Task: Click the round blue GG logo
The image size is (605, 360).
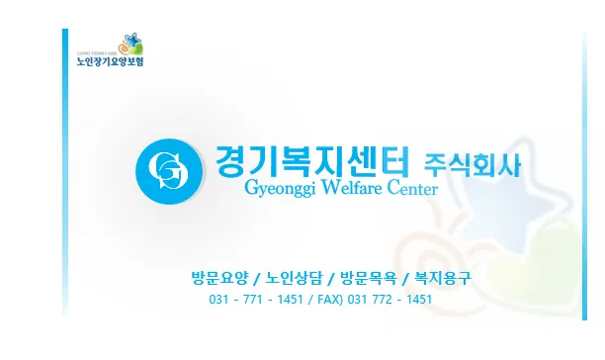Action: (169, 171)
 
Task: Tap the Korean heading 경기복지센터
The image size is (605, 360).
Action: (311, 161)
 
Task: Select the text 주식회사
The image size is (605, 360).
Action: (472, 165)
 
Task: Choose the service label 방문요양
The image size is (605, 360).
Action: (219, 278)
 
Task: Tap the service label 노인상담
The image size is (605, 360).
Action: (294, 278)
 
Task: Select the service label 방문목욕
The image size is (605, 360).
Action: (368, 278)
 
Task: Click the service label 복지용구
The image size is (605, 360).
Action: (443, 278)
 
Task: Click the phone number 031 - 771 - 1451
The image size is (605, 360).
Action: (256, 300)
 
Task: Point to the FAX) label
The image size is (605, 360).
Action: (330, 300)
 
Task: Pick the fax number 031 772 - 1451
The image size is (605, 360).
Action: (389, 300)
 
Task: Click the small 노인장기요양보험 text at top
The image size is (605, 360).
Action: (110, 61)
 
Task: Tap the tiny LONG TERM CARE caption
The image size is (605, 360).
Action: (98, 53)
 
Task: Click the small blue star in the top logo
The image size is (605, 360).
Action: (131, 40)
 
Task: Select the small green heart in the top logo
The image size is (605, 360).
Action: (136, 49)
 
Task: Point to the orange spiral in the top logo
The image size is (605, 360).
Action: (124, 48)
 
